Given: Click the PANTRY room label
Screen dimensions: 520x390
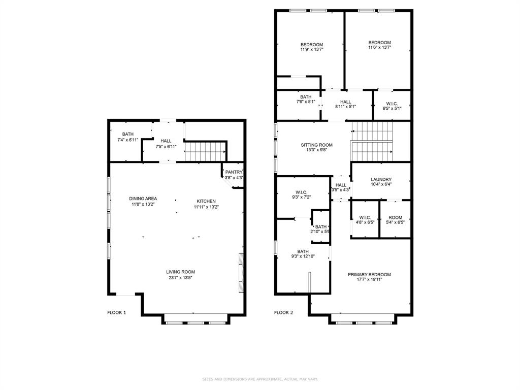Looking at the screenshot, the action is [x=234, y=172].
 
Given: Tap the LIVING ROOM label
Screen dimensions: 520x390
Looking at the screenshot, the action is [x=180, y=272].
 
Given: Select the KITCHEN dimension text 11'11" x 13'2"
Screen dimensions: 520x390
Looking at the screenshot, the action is [x=206, y=207].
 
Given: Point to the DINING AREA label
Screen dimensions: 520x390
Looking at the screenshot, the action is [x=143, y=199].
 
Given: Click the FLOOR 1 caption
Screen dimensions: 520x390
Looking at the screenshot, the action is [x=116, y=312].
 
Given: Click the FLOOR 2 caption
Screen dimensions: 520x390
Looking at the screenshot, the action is [x=283, y=312].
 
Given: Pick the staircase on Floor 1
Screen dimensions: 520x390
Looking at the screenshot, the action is [x=206, y=151].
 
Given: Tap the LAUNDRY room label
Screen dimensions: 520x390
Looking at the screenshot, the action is [x=381, y=179].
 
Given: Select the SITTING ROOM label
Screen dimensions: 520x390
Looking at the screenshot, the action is [x=317, y=145].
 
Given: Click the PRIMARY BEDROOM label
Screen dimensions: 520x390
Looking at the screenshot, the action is [x=369, y=275].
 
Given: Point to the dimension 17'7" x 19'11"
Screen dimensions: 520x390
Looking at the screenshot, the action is [x=369, y=279].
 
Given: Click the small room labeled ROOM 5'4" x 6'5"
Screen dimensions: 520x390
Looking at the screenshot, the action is [x=395, y=219].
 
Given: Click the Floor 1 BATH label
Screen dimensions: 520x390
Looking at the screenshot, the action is [x=127, y=134].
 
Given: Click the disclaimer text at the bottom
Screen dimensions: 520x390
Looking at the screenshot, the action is [x=260, y=379].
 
